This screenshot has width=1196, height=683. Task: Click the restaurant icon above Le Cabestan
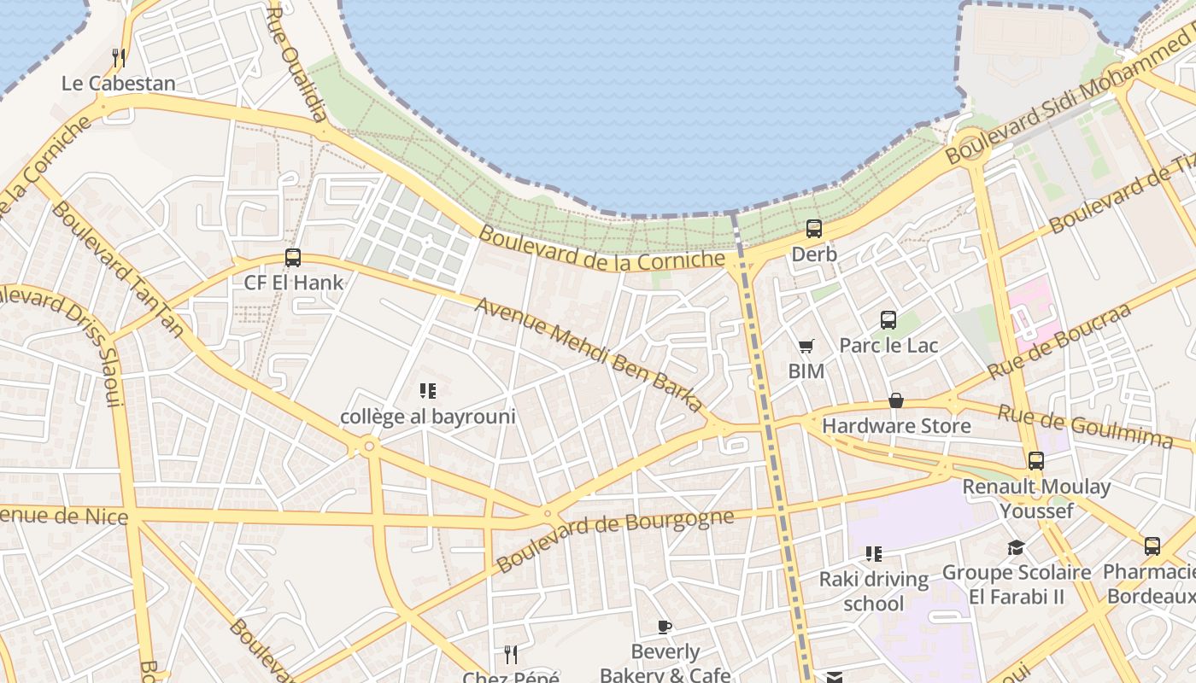coord(119,58)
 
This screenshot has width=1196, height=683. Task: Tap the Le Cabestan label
coord(119,84)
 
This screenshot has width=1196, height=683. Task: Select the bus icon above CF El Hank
coord(293,257)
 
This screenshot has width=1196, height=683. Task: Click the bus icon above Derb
coord(814,229)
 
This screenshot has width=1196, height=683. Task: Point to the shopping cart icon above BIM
coord(806,347)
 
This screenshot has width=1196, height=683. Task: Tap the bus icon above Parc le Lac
coord(888,320)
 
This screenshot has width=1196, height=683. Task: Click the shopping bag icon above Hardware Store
coord(896,400)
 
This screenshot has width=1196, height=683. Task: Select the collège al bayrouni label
coord(428,417)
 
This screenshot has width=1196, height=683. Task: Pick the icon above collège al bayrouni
coord(428,392)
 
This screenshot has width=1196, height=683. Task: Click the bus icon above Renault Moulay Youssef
coord(1036,461)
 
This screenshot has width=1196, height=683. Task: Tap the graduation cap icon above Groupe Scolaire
coord(1016,547)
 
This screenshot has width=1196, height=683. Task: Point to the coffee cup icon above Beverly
coord(665,628)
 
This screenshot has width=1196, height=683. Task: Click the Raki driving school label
coord(873,591)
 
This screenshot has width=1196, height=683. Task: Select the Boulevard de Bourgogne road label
coord(615,540)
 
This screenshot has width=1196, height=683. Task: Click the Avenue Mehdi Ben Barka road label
coord(589,354)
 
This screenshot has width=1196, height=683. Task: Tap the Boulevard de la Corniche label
coord(601,247)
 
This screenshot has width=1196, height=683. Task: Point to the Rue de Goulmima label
coord(1085,425)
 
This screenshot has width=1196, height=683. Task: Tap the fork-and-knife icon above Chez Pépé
coord(511,655)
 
